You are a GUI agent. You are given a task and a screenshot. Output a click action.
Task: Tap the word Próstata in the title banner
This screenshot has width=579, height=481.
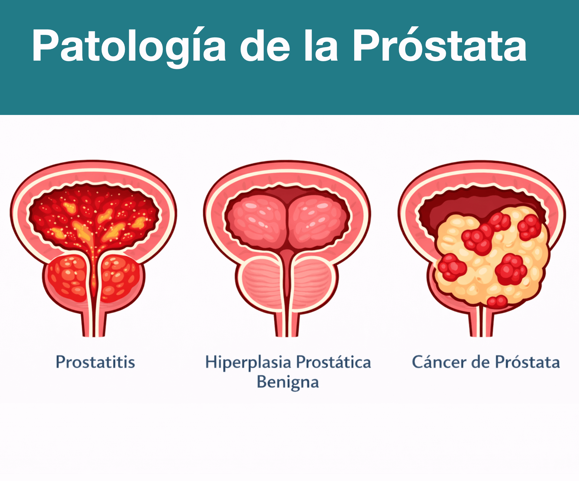coord(440,45)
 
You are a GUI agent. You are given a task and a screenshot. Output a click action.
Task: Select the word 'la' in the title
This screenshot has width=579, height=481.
coord(321,45)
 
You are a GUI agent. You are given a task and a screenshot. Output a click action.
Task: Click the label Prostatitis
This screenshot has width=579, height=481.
coord(95,362)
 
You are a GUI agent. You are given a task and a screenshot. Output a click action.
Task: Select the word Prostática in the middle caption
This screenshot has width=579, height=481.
coord(334,362)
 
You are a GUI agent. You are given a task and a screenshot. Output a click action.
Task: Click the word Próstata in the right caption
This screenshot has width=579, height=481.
coord(528,362)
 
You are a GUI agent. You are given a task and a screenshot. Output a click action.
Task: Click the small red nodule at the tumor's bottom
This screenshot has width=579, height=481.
coord(497,302)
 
